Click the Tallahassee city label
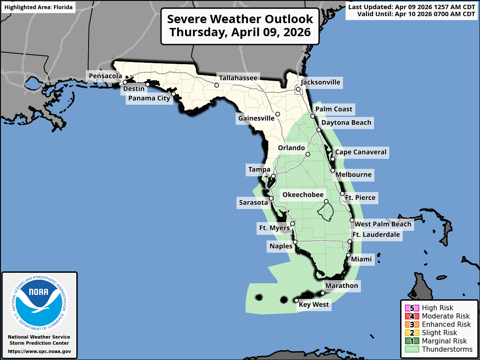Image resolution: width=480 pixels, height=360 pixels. pos(238,78)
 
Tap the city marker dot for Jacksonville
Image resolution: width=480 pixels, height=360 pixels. pos(298,90)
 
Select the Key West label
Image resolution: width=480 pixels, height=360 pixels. pos(314,305)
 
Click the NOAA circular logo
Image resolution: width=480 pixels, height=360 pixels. pos(39,301)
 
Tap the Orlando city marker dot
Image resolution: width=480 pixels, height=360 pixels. pos(308,154)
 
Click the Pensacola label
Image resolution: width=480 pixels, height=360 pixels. pos(105,76)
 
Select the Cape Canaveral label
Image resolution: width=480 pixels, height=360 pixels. pos(360,152)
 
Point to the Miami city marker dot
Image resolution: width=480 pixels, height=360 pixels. pos(348,255)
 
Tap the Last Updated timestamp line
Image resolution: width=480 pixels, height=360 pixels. pos(411,7)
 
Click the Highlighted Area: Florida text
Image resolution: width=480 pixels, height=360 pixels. pos(38,7)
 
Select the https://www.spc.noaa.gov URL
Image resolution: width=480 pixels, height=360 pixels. pos(39,351)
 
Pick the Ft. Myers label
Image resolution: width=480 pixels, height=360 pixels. pos(274,228)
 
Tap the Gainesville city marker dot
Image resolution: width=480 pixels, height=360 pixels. pos(278,114)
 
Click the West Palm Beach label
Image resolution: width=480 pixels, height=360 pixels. pos(383,224)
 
